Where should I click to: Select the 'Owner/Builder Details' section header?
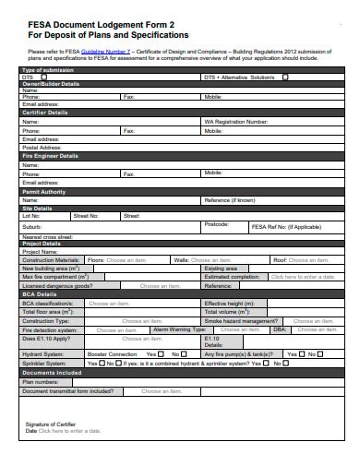[51, 83]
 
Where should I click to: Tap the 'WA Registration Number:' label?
[234, 122]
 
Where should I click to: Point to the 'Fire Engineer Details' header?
[50, 155]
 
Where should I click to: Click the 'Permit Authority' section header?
[43, 191]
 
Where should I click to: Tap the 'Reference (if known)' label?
[230, 199]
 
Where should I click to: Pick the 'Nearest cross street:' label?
[46, 237]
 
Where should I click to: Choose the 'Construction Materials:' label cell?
[51, 260]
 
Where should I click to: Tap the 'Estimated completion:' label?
[232, 277]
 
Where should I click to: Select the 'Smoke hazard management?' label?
[241, 319]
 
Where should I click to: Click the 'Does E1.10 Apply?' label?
[47, 338]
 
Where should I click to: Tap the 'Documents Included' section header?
[51, 372]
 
